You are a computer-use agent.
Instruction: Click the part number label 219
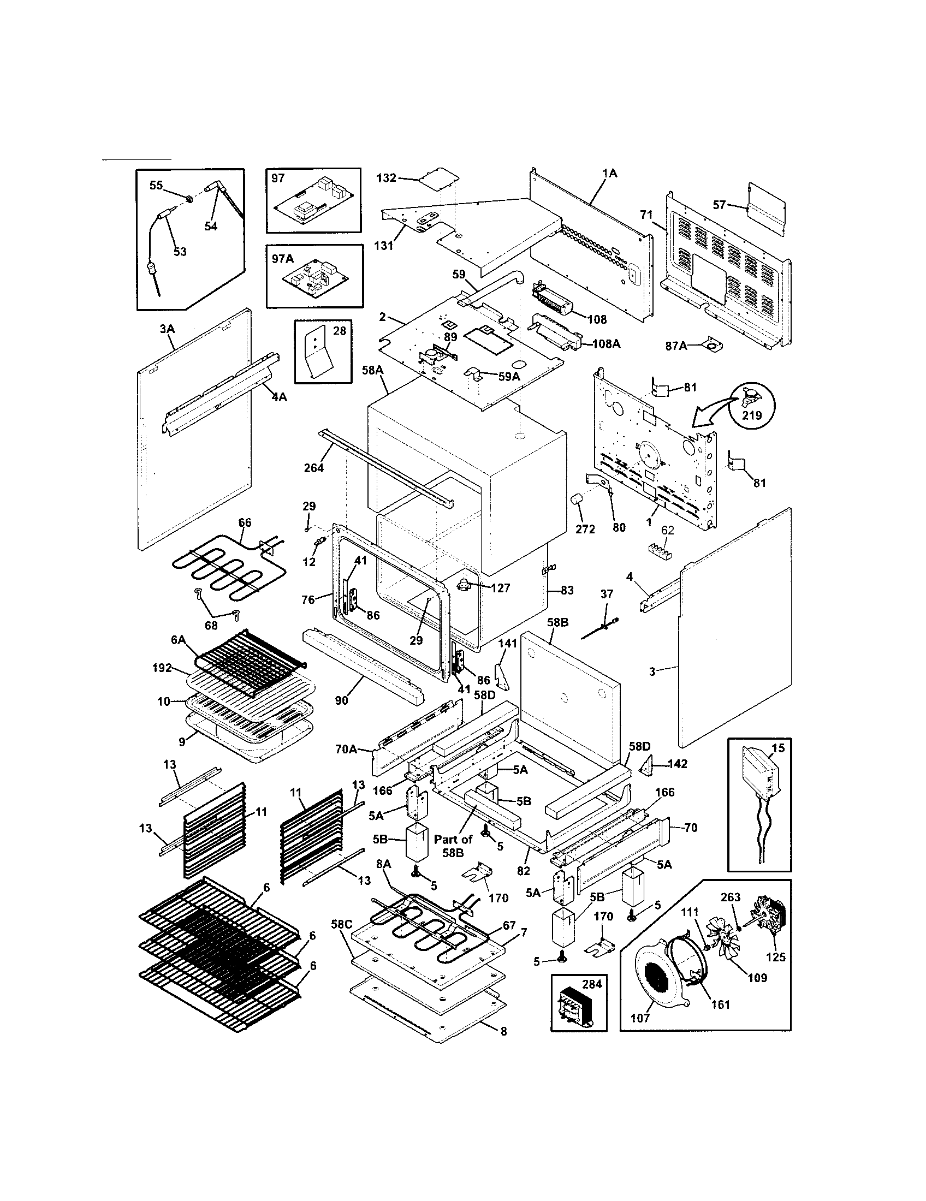[x=752, y=415]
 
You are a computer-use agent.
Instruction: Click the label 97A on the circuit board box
[x=283, y=258]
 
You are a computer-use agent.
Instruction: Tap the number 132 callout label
[x=386, y=178]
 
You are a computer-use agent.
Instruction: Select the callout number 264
[x=313, y=468]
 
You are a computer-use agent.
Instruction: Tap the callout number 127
[x=500, y=588]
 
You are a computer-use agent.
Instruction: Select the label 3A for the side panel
[x=167, y=329]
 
